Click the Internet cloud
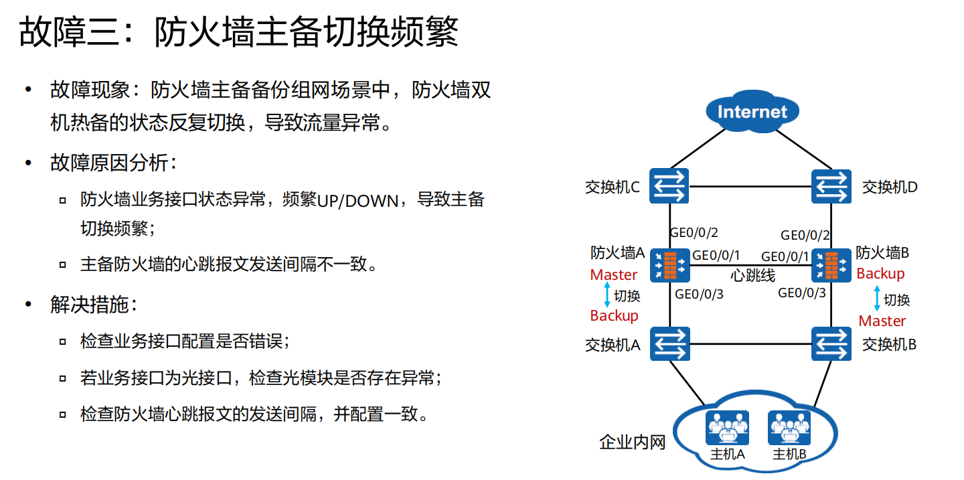752,112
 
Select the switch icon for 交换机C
669,186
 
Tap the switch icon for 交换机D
831,186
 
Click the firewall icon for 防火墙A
669,265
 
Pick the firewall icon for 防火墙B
831,265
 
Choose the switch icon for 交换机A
669,344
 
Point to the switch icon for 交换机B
831,344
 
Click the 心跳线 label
752,276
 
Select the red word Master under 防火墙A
614,274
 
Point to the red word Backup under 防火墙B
880,273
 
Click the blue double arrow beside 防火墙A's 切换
607,295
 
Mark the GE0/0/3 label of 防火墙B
801,293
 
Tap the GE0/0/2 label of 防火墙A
694,233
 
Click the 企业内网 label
632,443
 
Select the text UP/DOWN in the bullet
357,201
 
